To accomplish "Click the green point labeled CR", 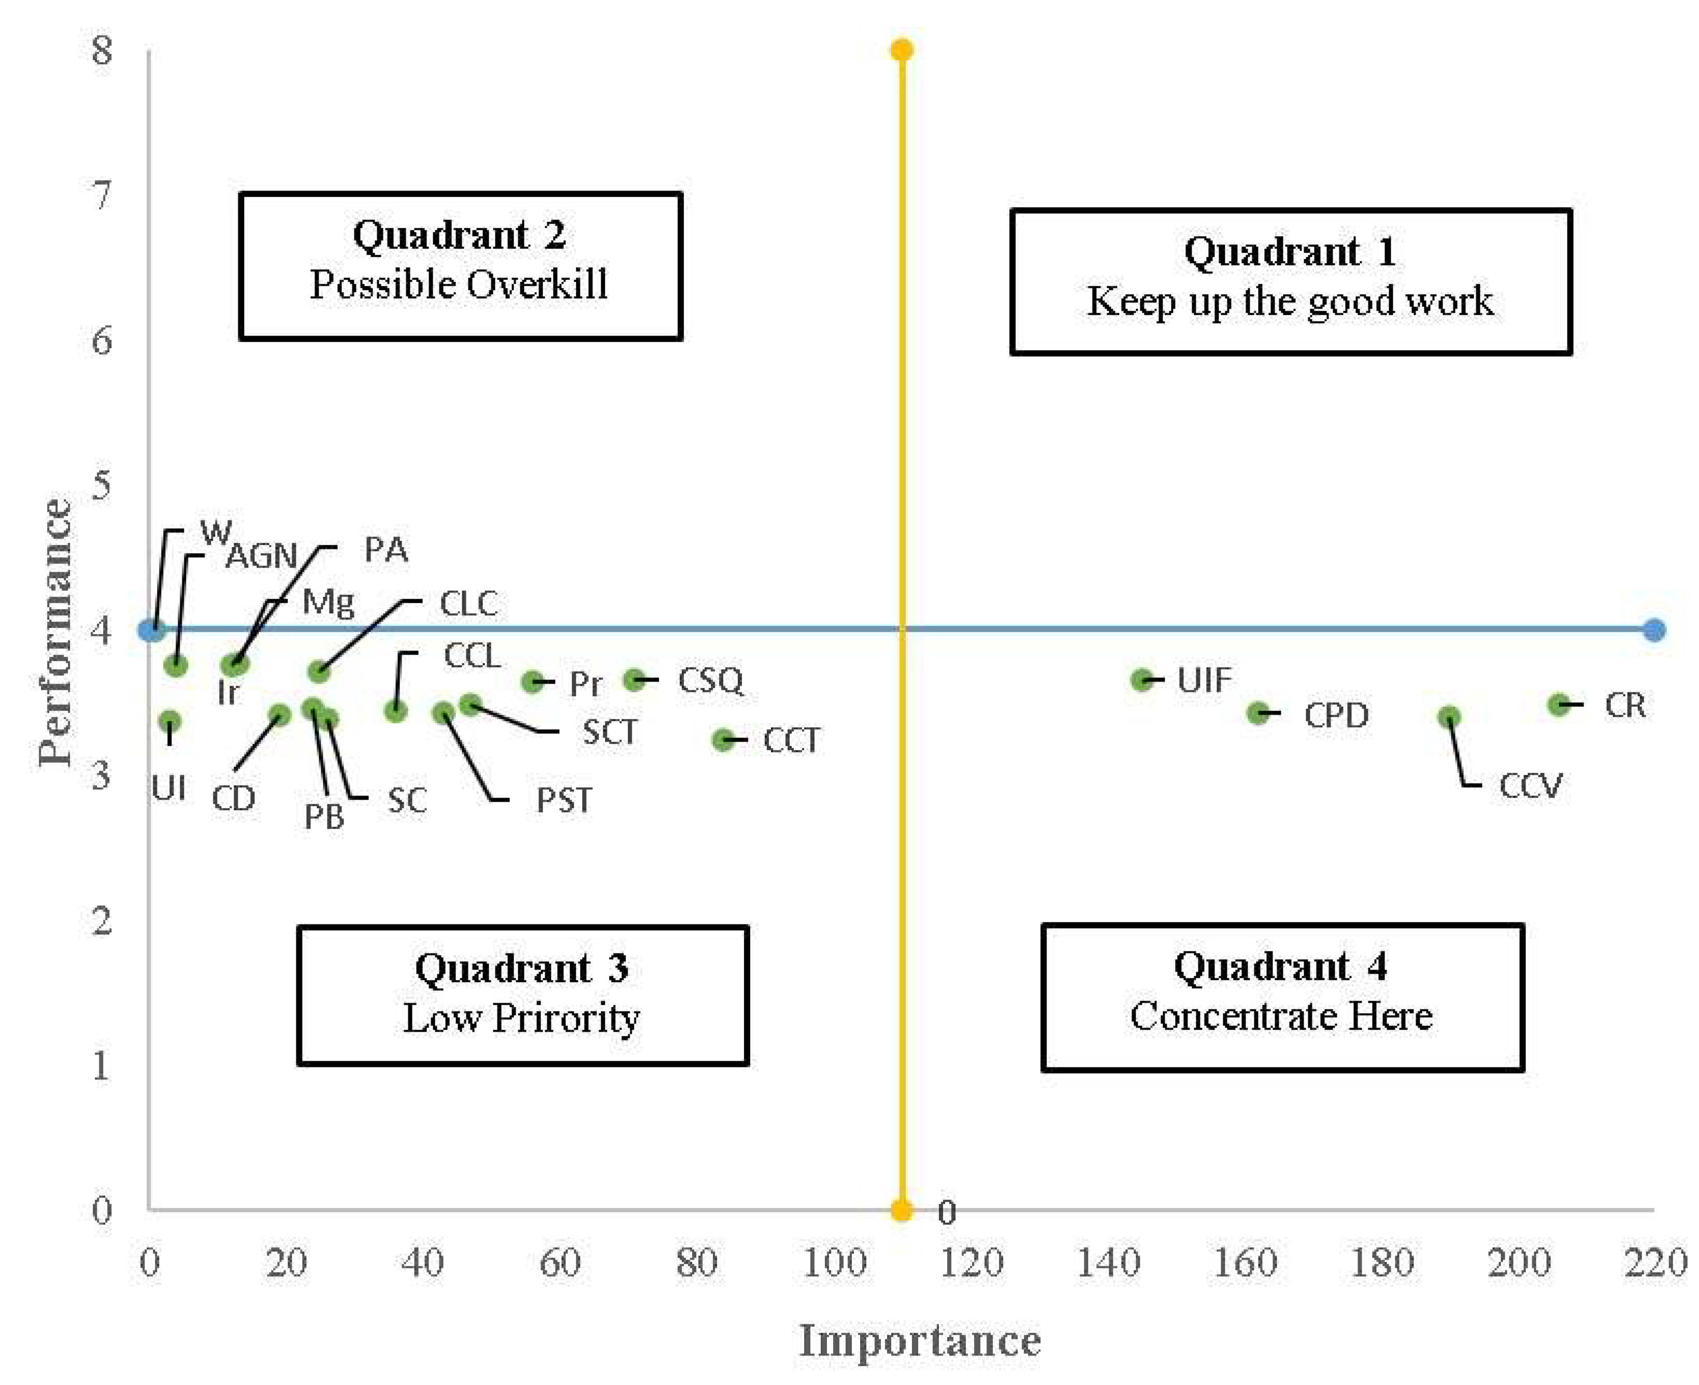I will coord(1558,704).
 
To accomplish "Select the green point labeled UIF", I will coord(1142,680).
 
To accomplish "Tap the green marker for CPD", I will coord(1258,713).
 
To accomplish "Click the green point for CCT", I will coord(722,740).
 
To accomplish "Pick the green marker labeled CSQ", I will coord(634,680).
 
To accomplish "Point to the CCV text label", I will coord(1529,786).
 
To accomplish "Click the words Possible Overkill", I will coord(459,285).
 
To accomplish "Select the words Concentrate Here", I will coord(1281,1016).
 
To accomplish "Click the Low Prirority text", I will coord(521,1018).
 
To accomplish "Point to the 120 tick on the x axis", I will coord(970,1263).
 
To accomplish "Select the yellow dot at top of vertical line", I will coord(901,50).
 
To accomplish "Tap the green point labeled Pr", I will coord(532,681).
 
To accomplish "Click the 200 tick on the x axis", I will coord(1518,1263).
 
